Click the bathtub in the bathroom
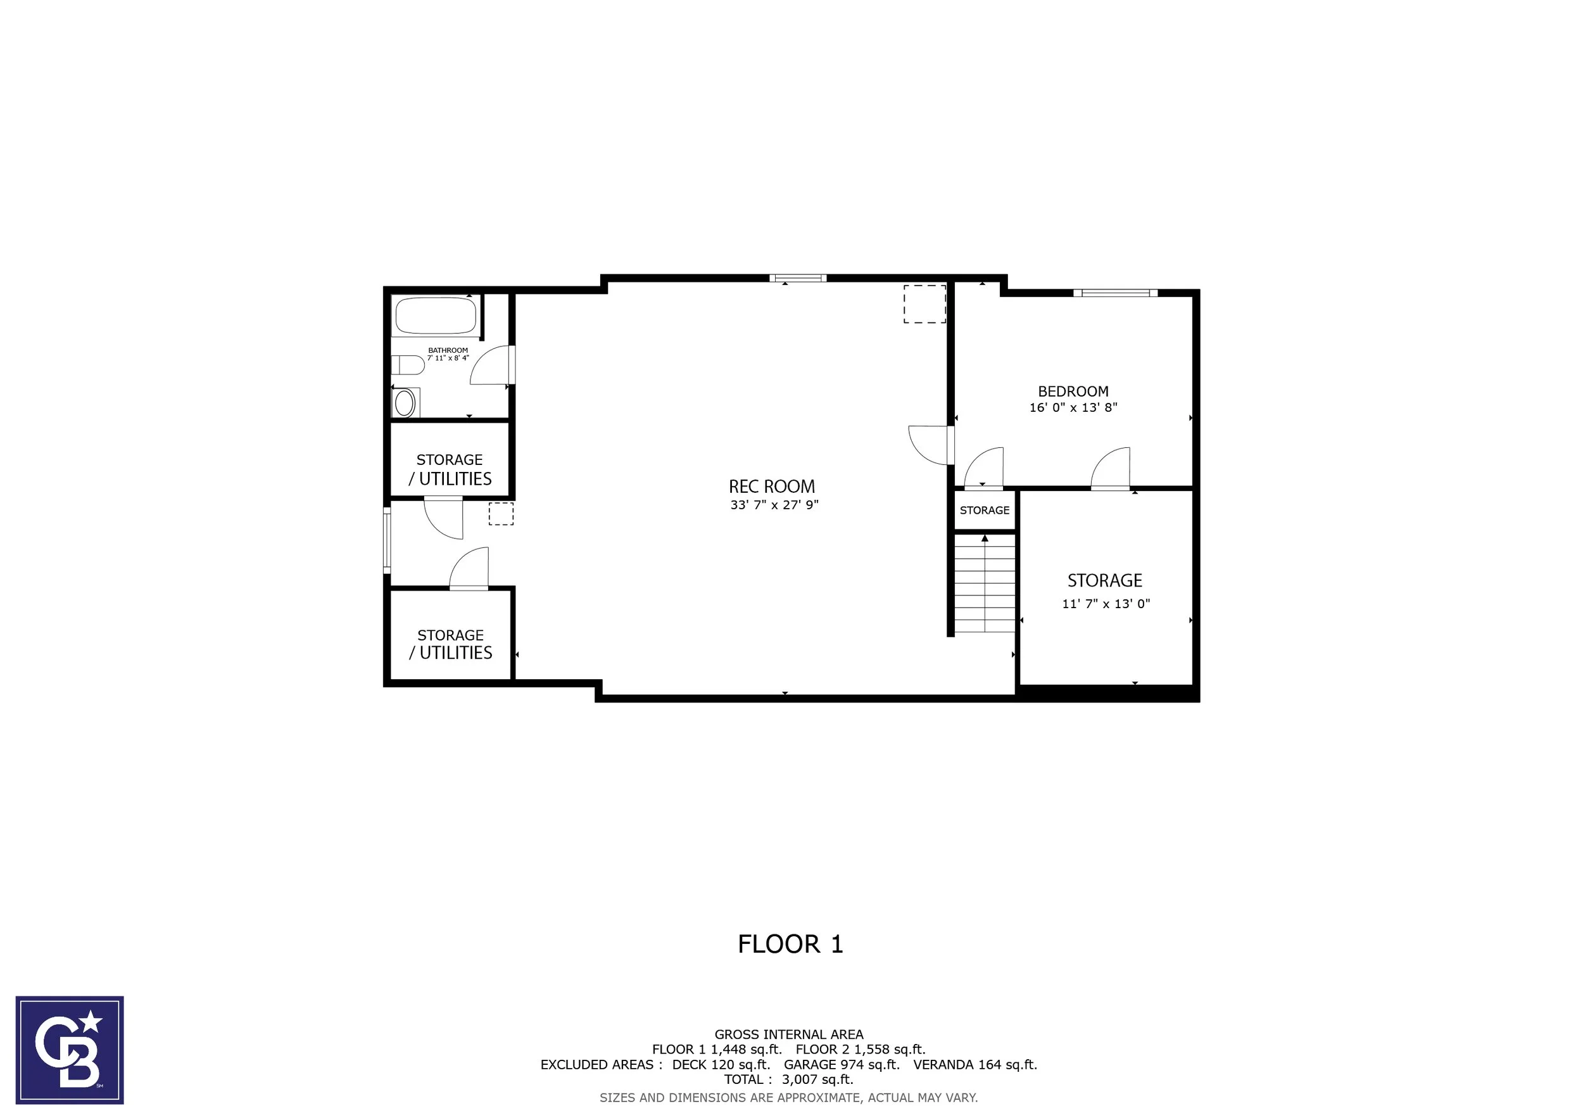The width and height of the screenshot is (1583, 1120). pyautogui.click(x=435, y=316)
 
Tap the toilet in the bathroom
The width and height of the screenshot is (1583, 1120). pyautogui.click(x=408, y=365)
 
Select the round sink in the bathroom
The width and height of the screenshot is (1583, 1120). pyautogui.click(x=405, y=403)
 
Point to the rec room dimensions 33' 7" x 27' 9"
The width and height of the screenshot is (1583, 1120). pyautogui.click(x=774, y=505)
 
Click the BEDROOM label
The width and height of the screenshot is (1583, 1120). pyautogui.click(x=1073, y=391)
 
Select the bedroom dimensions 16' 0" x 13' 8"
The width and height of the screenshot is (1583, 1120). pyautogui.click(x=1073, y=407)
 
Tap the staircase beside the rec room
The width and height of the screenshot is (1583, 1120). pyautogui.click(x=985, y=583)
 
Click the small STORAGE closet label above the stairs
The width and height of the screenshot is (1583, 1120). pyautogui.click(x=985, y=511)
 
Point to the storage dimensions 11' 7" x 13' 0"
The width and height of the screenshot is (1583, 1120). pyautogui.click(x=1106, y=604)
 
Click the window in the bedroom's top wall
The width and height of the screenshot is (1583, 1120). pyautogui.click(x=1115, y=293)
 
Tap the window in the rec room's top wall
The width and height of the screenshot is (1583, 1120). pyautogui.click(x=798, y=279)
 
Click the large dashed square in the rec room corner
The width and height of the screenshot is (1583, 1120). pyautogui.click(x=924, y=304)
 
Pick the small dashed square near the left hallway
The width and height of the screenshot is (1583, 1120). pyautogui.click(x=501, y=514)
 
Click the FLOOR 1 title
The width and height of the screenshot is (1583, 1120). pyautogui.click(x=790, y=944)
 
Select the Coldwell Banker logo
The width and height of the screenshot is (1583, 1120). pyautogui.click(x=70, y=1050)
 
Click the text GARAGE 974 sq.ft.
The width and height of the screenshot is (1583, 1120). pyautogui.click(x=841, y=1065)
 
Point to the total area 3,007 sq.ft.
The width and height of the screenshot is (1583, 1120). pyautogui.click(x=817, y=1080)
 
